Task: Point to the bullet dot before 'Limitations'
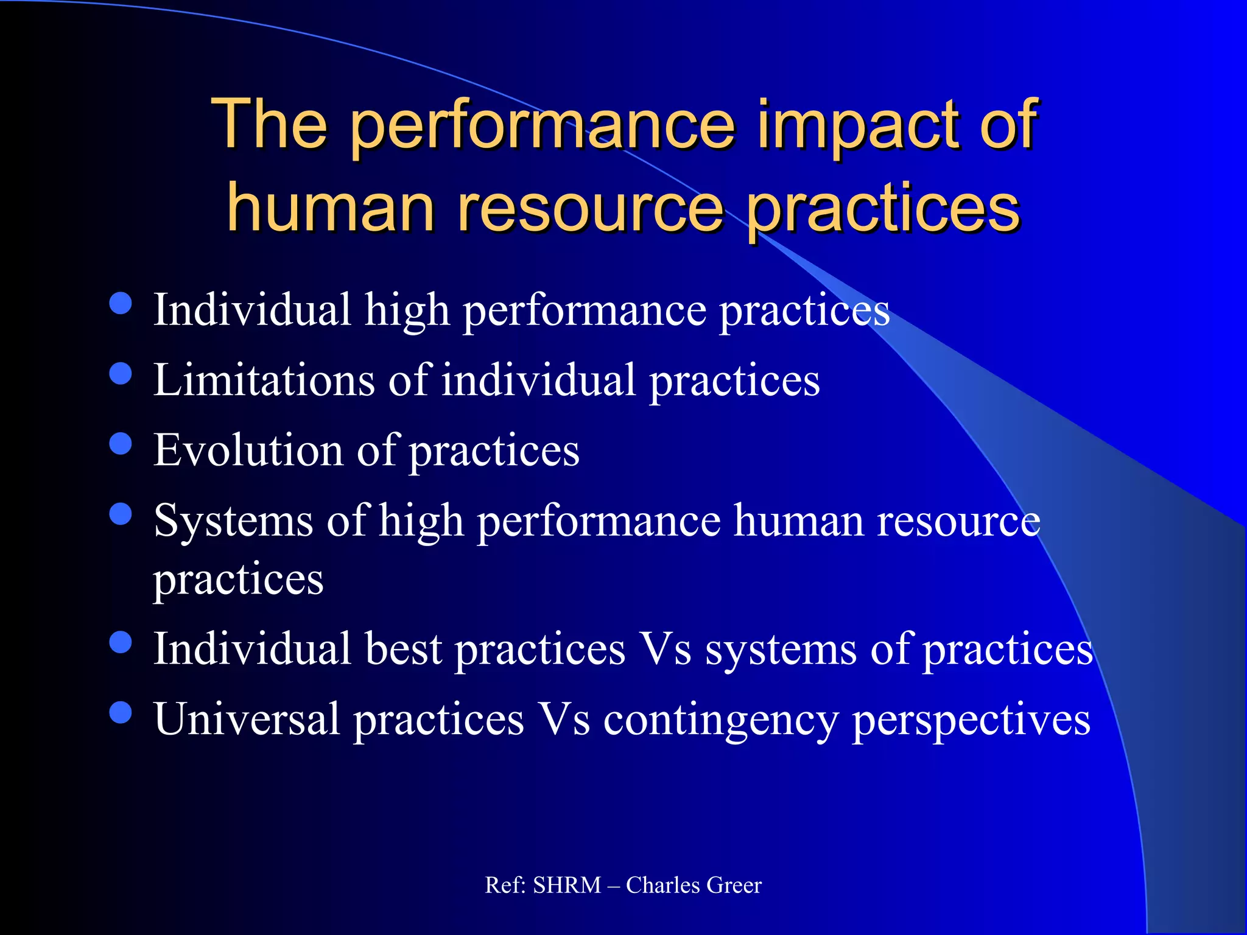pos(121,373)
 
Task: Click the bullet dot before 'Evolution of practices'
pos(121,443)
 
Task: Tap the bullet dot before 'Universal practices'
pos(121,712)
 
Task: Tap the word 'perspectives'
pos(971,720)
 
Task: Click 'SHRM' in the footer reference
pos(567,885)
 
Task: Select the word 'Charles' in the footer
pos(663,885)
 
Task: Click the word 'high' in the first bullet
pos(407,310)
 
